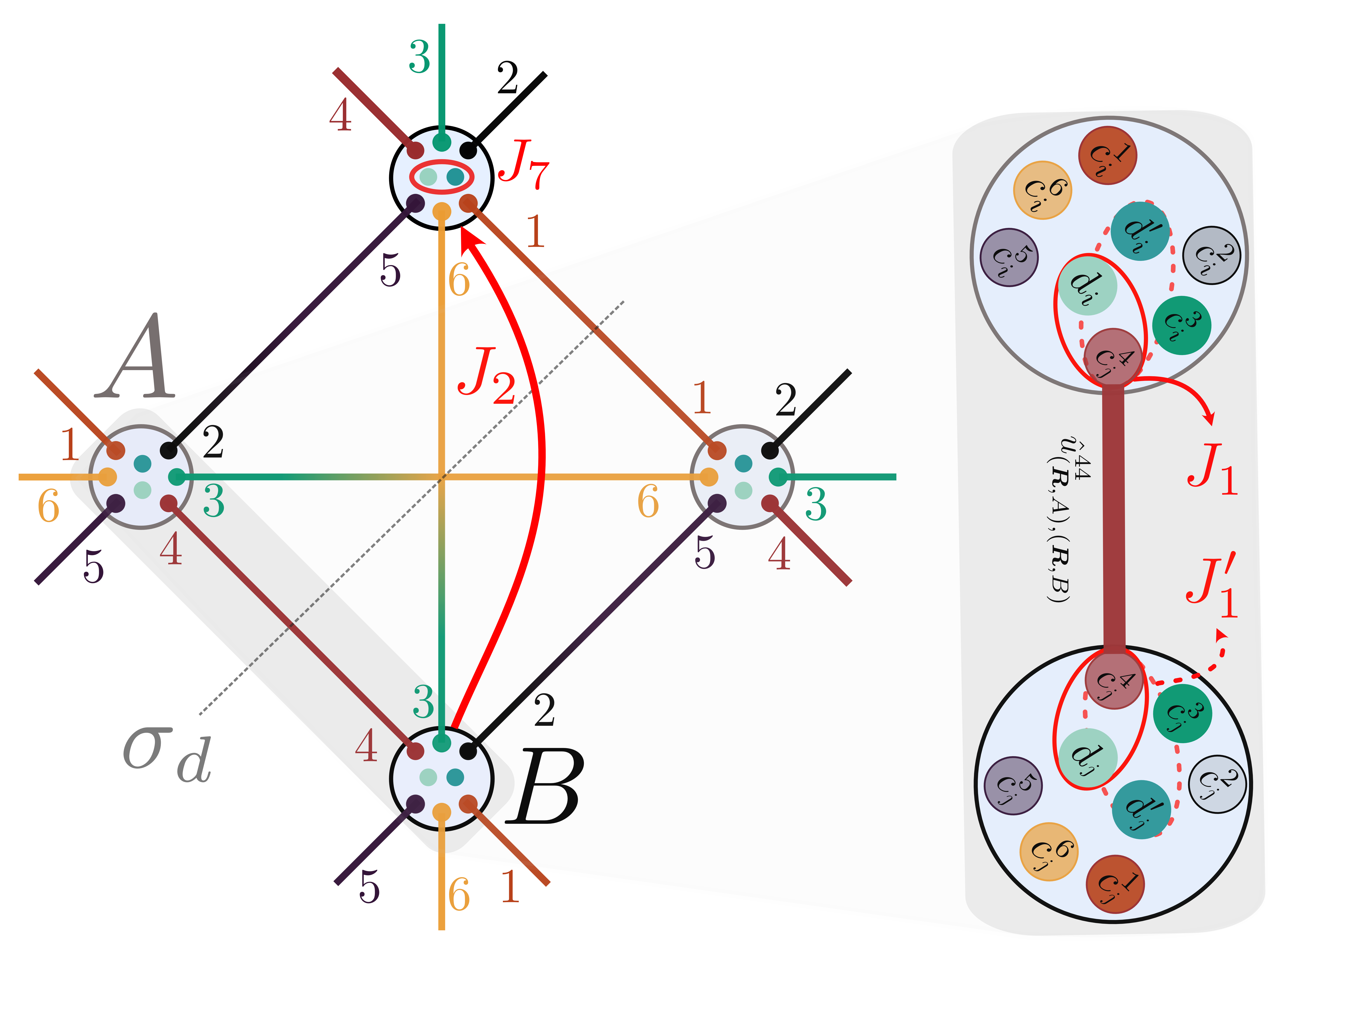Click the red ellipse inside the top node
click(x=441, y=177)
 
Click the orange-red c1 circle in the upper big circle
click(x=1107, y=155)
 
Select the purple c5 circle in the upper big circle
click(x=1008, y=258)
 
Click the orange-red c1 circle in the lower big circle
click(x=1115, y=884)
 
